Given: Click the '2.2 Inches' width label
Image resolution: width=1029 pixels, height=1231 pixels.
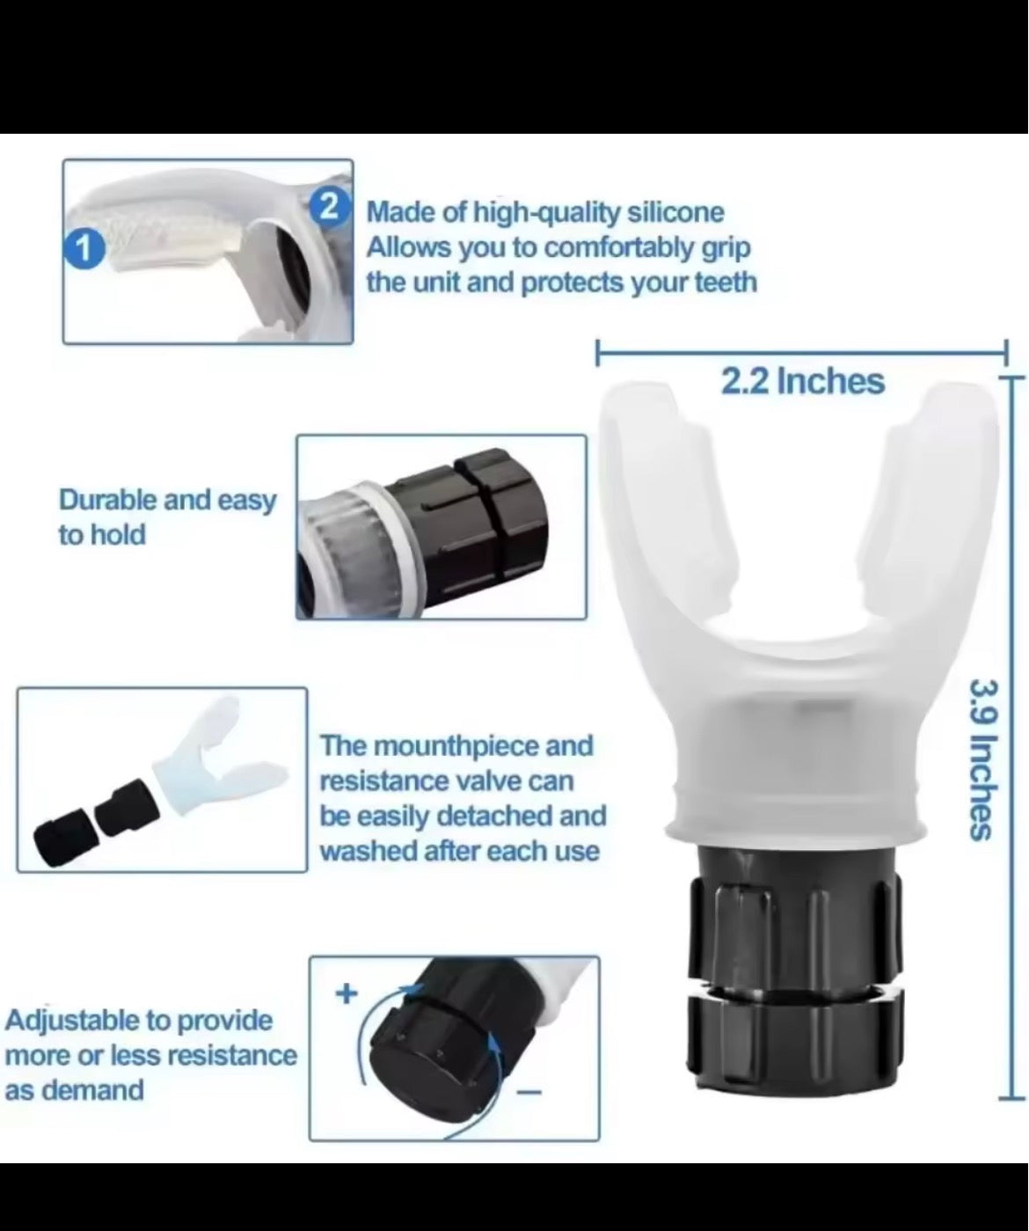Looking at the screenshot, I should (x=802, y=381).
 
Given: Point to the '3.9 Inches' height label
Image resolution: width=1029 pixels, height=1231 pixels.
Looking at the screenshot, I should (x=983, y=758).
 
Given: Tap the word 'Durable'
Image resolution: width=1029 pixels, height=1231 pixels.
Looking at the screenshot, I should (x=107, y=500).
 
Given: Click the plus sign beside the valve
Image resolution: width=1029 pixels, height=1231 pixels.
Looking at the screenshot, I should (x=347, y=994).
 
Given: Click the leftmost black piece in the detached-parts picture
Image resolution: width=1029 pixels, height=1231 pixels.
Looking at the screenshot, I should (x=62, y=830).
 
